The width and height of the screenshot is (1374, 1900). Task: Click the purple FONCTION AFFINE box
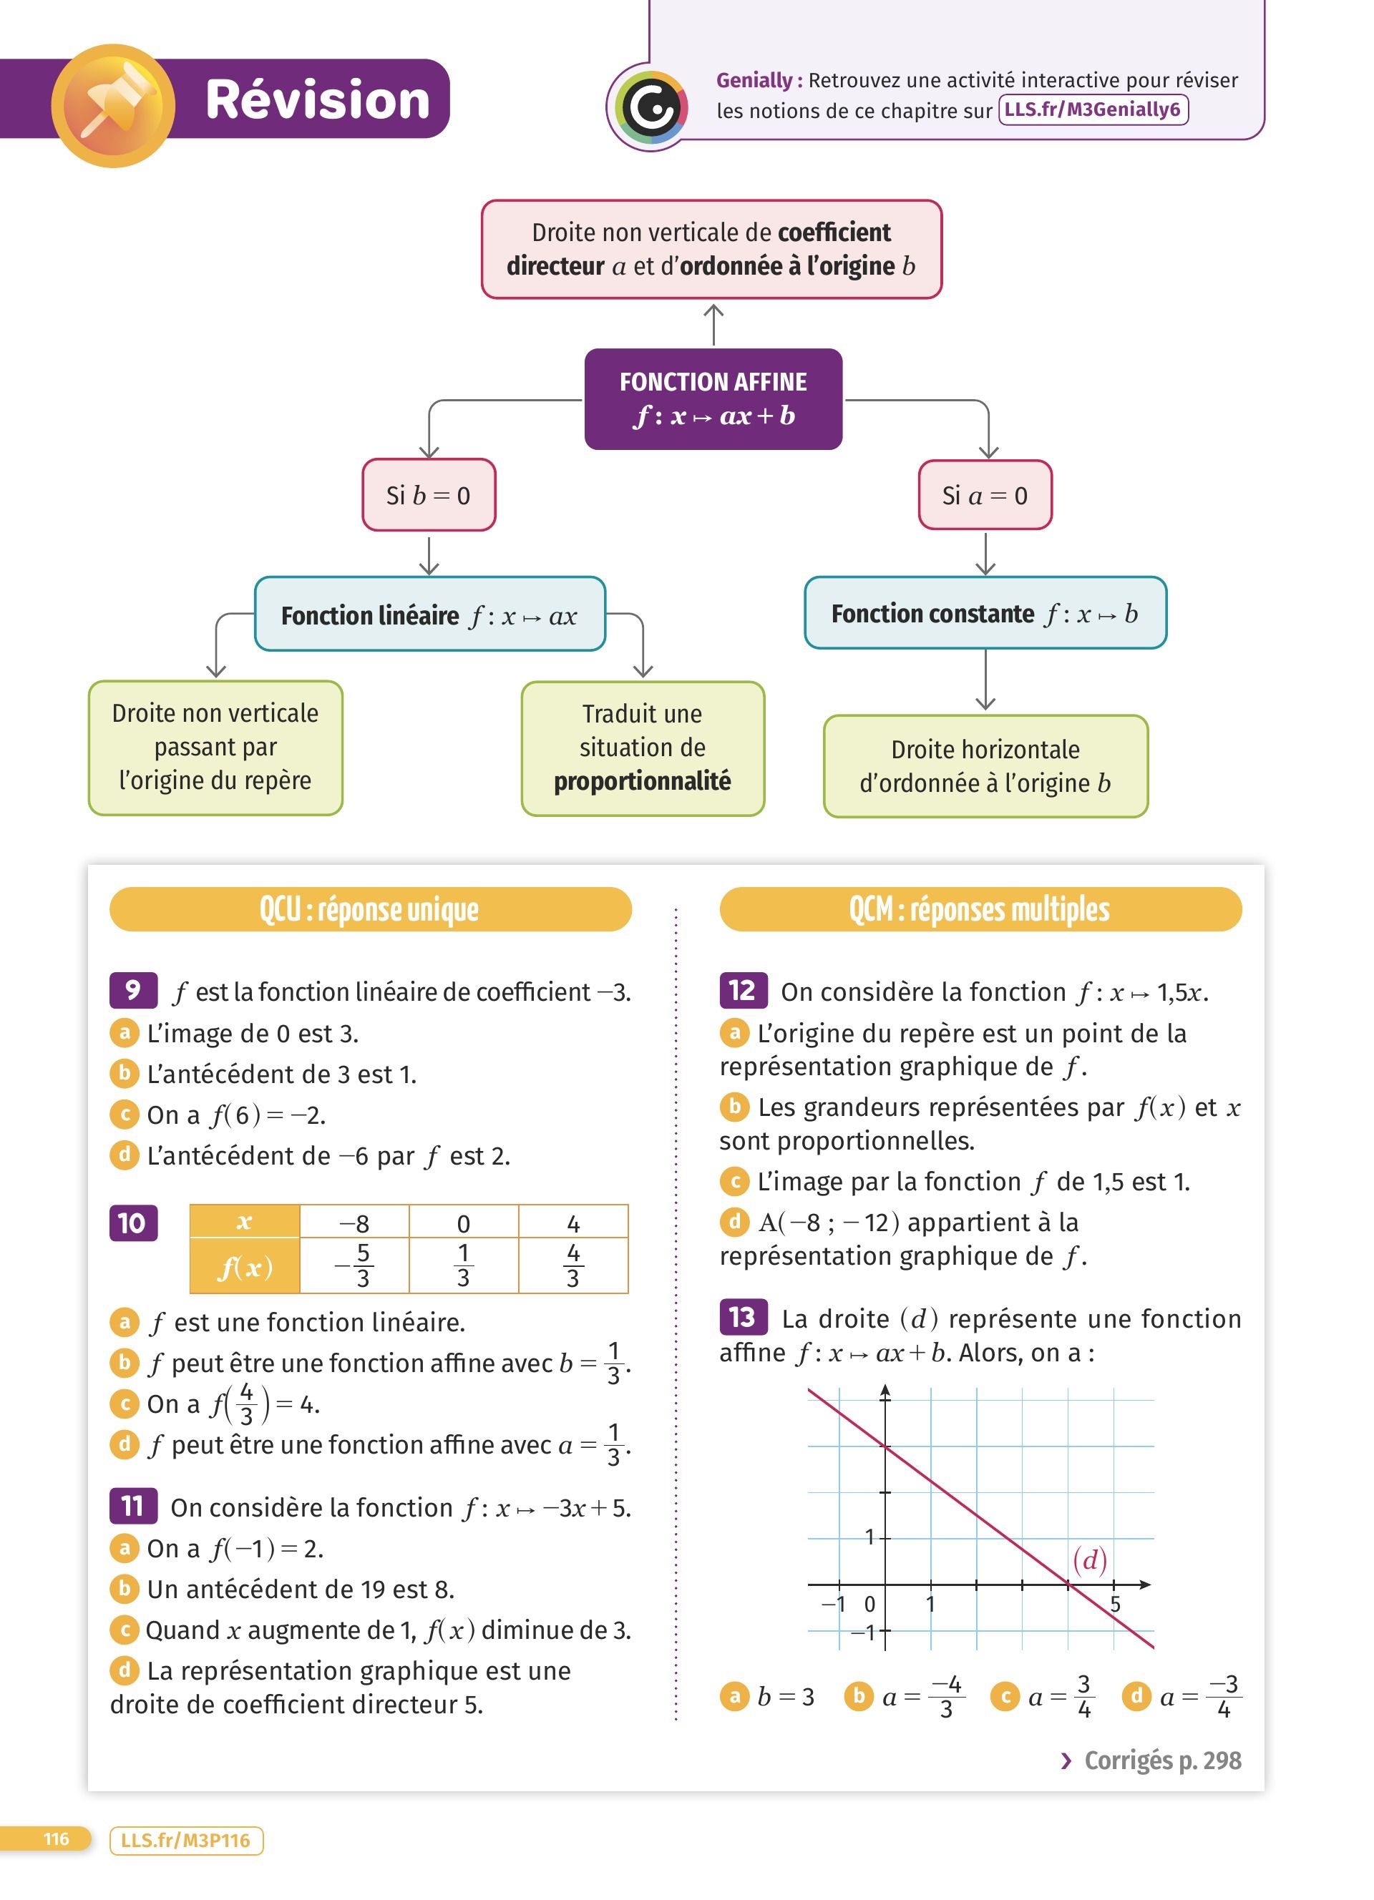click(x=713, y=398)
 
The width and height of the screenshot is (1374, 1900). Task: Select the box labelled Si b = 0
click(x=428, y=495)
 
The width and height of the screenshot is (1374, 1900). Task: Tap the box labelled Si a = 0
click(x=985, y=495)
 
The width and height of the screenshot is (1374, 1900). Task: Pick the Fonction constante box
click(x=985, y=613)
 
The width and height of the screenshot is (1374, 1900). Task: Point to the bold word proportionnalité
click(x=642, y=780)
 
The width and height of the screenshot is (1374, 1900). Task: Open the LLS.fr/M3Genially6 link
click(x=1093, y=109)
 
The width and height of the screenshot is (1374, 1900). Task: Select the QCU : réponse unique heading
click(x=369, y=909)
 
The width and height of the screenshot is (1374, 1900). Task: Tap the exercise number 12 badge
click(x=742, y=990)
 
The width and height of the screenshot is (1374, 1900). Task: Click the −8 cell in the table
click(x=354, y=1223)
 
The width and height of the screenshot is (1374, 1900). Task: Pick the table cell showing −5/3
click(x=354, y=1265)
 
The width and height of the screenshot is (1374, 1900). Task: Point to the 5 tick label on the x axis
click(x=1115, y=1603)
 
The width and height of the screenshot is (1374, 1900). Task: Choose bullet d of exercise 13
click(x=1137, y=1696)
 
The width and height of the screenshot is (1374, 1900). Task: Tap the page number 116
click(x=56, y=1839)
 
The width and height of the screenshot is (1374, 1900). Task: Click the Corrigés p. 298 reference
click(x=1152, y=1760)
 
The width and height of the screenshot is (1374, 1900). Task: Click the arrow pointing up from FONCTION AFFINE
click(x=713, y=323)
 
